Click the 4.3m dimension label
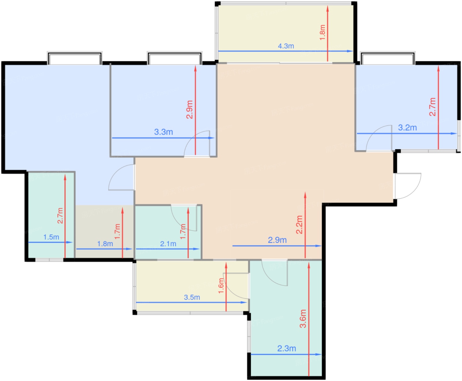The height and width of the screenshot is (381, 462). [286, 46]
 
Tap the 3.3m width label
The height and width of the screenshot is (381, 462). [163, 132]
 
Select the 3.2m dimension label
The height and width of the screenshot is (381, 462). [407, 128]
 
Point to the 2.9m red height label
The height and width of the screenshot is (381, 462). [190, 110]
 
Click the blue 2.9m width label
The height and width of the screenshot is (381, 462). [277, 240]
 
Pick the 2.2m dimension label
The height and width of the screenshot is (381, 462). [299, 225]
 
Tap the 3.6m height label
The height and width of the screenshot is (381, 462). [303, 319]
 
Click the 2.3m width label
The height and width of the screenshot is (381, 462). [286, 348]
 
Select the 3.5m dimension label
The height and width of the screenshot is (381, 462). [192, 297]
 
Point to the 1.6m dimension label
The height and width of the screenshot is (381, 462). [221, 286]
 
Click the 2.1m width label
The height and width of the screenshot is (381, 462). [168, 244]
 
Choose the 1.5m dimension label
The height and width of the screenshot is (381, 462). [51, 237]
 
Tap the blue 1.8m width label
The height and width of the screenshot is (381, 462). [105, 244]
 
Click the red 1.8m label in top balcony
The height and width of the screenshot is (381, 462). [322, 33]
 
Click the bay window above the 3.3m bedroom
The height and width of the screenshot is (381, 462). [175, 58]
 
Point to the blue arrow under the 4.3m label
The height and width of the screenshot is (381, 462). [285, 51]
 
